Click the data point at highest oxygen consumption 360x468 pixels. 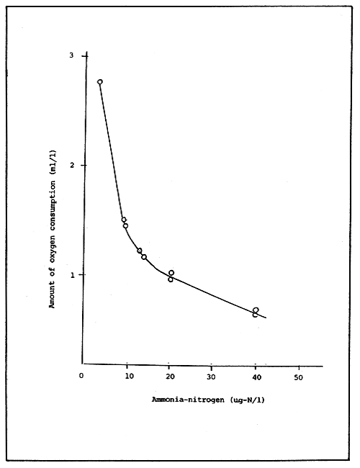pos(100,82)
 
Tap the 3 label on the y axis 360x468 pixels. pos(71,55)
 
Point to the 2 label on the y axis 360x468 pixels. pos(71,165)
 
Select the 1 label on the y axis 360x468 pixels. pos(71,275)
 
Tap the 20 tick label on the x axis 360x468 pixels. pos(170,375)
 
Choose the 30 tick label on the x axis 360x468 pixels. pos(212,375)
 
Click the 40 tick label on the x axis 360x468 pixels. pos(255,375)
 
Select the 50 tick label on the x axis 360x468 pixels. pos(298,375)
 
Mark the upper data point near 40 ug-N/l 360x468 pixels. pos(256,310)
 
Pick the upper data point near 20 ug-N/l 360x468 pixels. pos(171,273)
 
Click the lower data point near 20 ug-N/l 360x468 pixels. pos(171,279)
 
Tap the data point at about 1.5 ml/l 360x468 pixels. pos(124,220)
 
